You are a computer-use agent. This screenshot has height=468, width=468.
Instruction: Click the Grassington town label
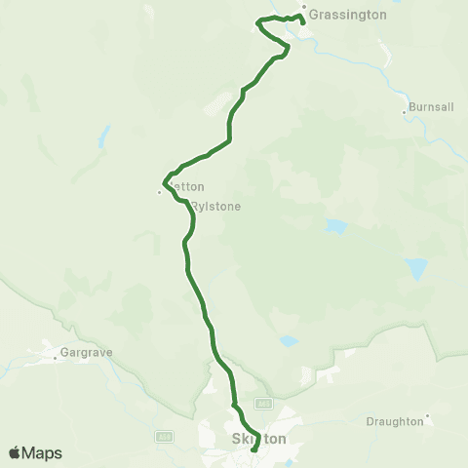(x=348, y=16)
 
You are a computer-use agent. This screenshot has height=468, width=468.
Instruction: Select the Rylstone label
(x=215, y=207)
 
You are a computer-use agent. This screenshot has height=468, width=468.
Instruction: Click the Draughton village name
(x=395, y=421)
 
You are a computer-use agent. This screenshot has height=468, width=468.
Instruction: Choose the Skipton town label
(x=259, y=440)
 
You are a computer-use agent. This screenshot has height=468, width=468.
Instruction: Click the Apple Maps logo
(x=35, y=453)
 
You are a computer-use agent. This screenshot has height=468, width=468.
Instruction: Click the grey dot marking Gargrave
(x=56, y=357)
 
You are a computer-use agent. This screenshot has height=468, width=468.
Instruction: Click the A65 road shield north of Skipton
(x=262, y=403)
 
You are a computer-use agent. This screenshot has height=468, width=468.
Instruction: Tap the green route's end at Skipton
(x=255, y=449)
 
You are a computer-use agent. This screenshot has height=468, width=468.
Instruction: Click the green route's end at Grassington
(x=302, y=21)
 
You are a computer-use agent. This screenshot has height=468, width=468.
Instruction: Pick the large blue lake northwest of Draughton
(x=416, y=268)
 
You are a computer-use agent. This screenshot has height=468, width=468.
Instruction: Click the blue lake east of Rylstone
(x=336, y=226)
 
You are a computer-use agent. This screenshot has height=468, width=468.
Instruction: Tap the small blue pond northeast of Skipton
(x=288, y=342)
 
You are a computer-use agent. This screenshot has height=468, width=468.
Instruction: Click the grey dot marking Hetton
(x=160, y=192)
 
